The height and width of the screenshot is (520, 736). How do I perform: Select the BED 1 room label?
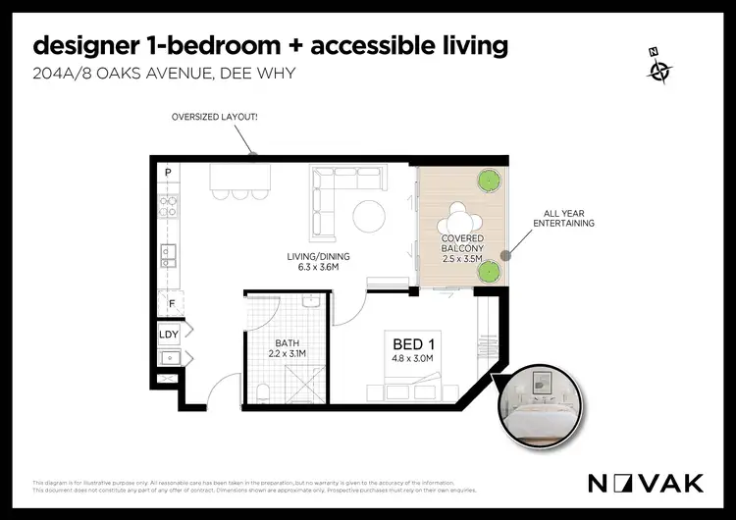click(x=414, y=344)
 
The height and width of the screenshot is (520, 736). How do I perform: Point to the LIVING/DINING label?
click(x=318, y=261)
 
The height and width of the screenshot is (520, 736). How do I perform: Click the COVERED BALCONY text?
click(x=460, y=247)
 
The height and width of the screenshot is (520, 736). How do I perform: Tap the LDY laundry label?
click(x=169, y=334)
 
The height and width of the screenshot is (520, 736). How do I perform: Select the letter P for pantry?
click(x=168, y=174)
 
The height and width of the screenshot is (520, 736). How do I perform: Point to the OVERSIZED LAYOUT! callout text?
click(x=215, y=118)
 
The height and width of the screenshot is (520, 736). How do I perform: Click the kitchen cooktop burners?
click(x=168, y=206)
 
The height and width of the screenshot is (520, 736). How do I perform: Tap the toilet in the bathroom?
click(x=263, y=393)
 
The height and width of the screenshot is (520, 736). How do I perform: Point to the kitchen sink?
click(x=168, y=257)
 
